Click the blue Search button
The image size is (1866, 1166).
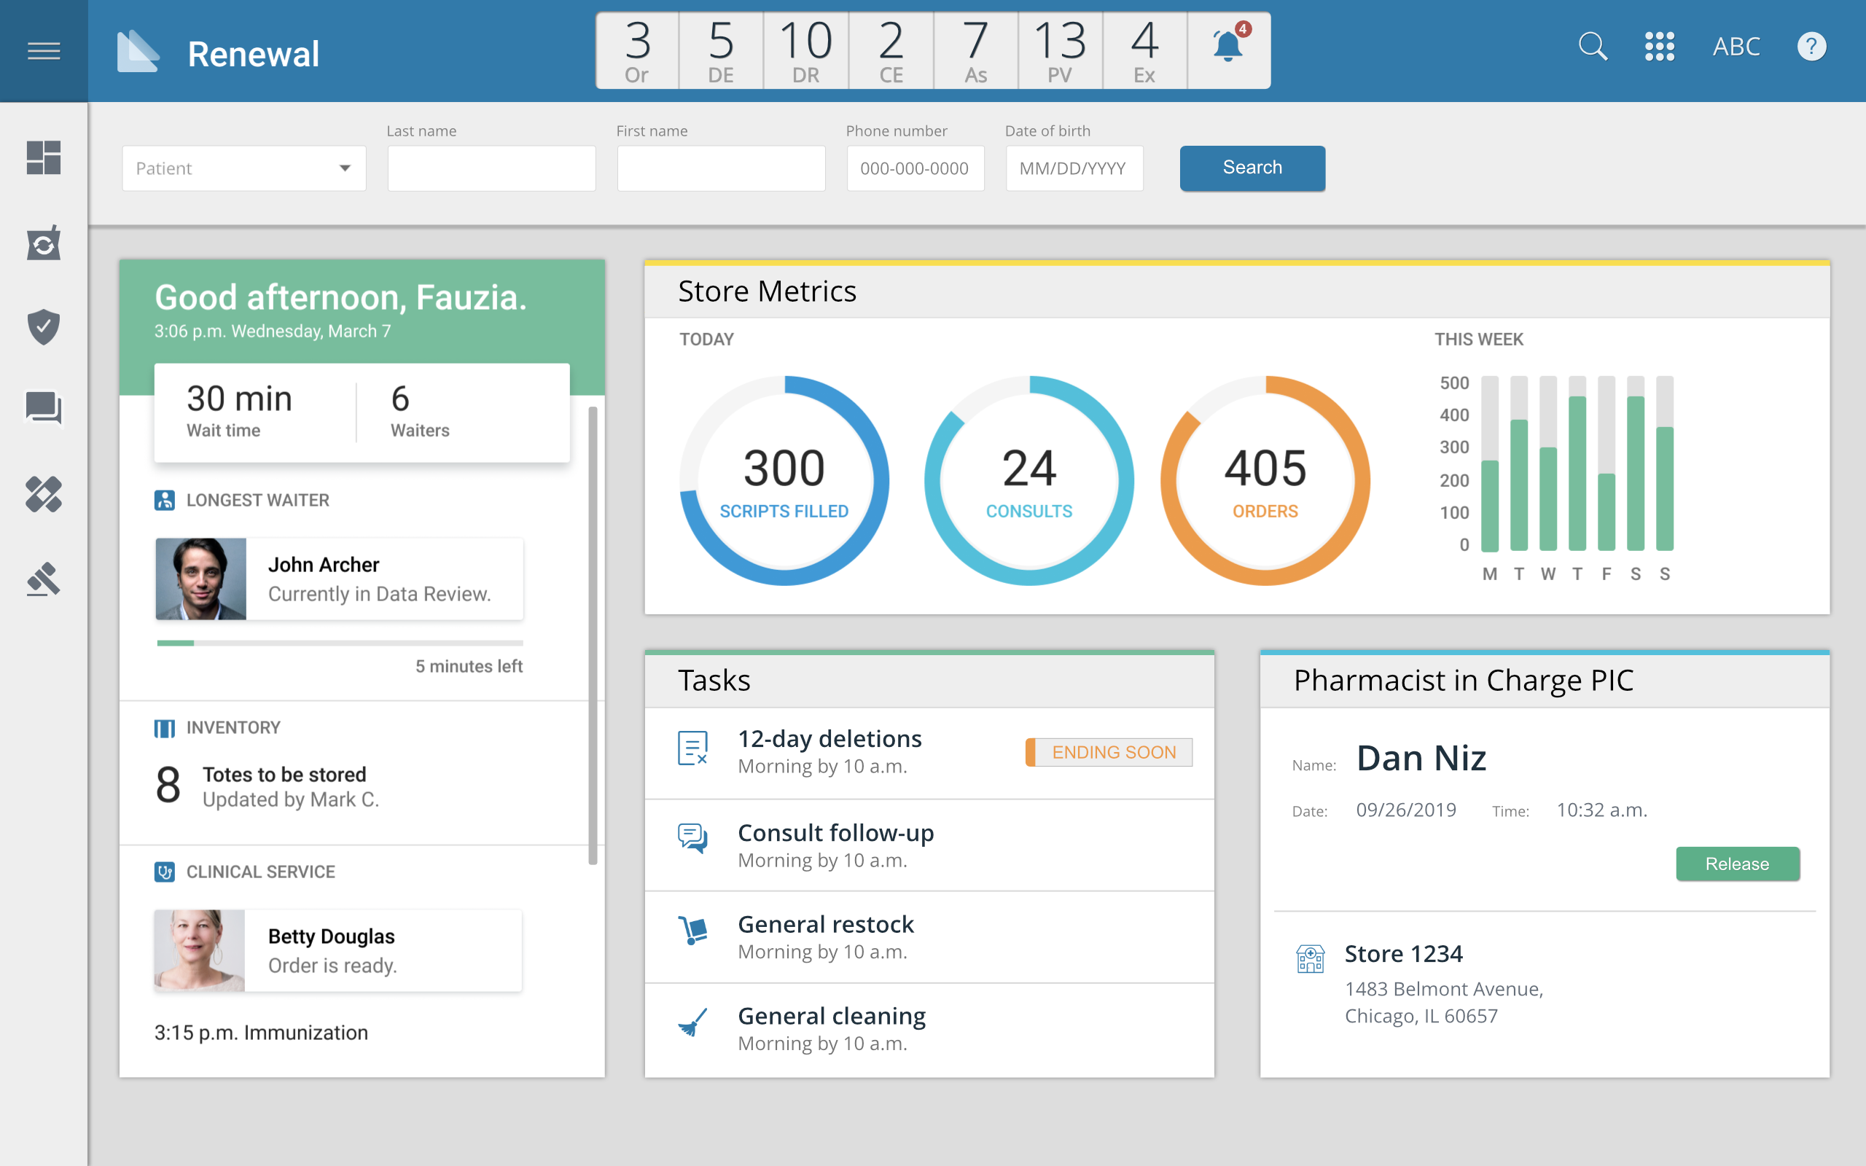click(x=1252, y=168)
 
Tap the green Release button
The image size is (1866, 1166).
click(x=1737, y=864)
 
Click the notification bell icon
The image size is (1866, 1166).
click(x=1227, y=48)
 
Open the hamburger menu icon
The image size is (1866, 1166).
click(x=44, y=51)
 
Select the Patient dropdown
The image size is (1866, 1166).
click(x=243, y=168)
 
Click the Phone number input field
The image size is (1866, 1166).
click(x=915, y=168)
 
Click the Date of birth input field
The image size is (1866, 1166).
click(x=1074, y=168)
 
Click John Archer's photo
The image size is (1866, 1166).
click(x=201, y=579)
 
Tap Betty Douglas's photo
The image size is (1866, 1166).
click(x=200, y=950)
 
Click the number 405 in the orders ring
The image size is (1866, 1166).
click(x=1265, y=468)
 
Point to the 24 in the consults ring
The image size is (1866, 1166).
click(x=1028, y=468)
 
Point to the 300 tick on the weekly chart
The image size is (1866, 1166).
click(x=1454, y=447)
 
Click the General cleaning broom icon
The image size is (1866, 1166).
click(x=692, y=1024)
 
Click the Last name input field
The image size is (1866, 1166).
click(x=491, y=168)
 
